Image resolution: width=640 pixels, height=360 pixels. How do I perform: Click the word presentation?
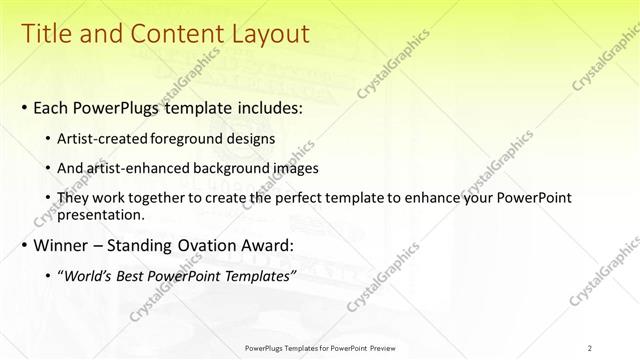coord(101,214)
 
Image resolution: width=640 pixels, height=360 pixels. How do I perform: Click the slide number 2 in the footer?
coord(590,348)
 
